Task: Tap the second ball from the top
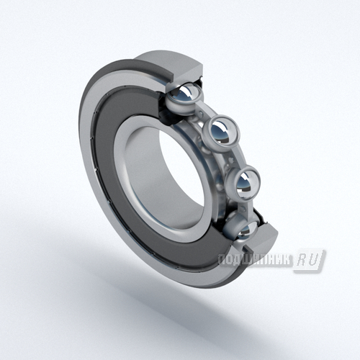[x=222, y=132]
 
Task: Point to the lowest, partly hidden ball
[x=247, y=230]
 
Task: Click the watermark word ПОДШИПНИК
[x=255, y=260]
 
